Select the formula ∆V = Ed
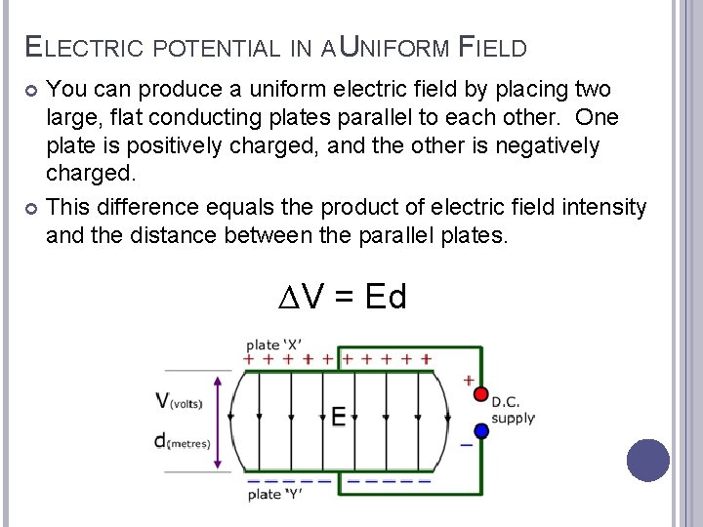(x=342, y=295)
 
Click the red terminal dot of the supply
(x=480, y=393)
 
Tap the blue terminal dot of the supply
(x=480, y=430)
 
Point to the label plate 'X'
(x=272, y=345)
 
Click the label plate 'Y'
(x=274, y=495)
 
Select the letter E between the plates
(x=338, y=417)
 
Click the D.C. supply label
(x=513, y=410)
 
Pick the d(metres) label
(x=182, y=441)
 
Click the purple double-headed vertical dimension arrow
(x=219, y=420)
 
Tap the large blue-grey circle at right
(x=647, y=460)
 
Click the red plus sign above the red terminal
(x=471, y=379)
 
